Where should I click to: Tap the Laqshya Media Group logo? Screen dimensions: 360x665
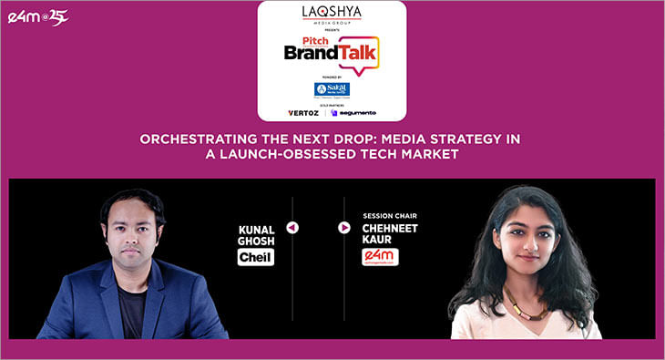click(332, 14)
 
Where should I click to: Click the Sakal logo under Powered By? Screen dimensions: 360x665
click(332, 89)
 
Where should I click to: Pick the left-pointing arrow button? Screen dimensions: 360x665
click(292, 227)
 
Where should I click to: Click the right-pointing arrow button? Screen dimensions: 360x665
click(344, 227)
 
